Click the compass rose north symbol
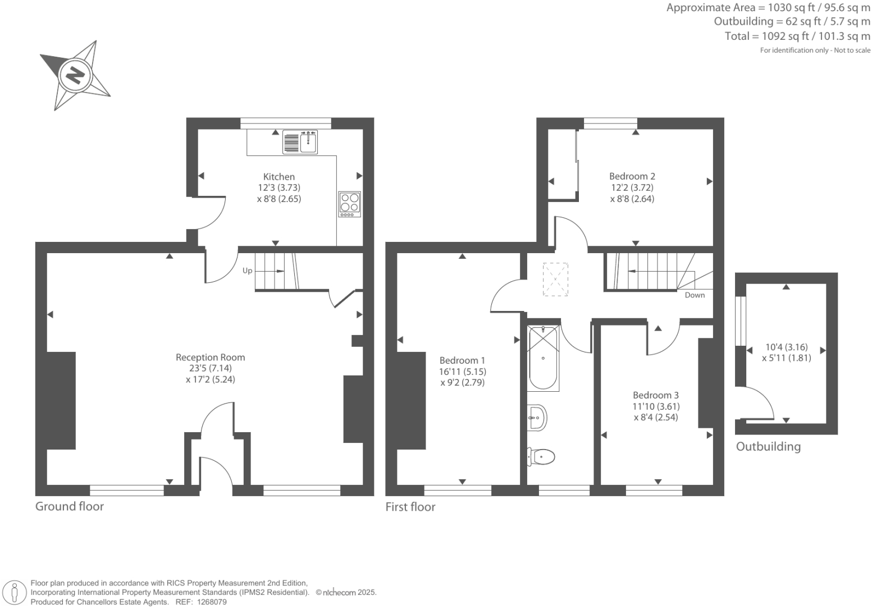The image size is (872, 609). (75, 75)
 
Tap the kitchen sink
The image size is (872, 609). (301, 142)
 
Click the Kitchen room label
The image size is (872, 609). (279, 177)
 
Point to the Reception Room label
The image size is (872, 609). (210, 358)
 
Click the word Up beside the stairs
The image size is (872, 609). (248, 271)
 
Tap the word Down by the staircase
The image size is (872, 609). (695, 295)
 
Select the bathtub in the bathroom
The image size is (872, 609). (543, 358)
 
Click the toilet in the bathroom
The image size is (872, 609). (541, 456)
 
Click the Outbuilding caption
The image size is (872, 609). (768, 447)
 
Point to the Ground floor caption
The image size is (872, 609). (70, 506)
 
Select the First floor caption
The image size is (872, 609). (410, 507)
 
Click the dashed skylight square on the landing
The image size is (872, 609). (556, 280)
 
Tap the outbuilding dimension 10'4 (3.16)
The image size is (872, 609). (787, 347)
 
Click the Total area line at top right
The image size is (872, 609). (797, 36)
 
